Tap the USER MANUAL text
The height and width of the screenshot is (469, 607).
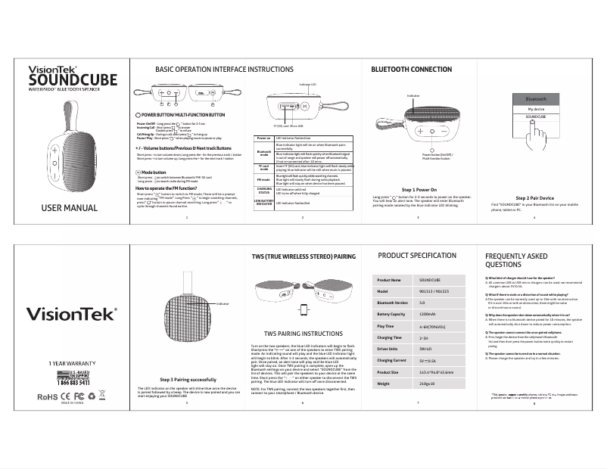[x=69, y=208]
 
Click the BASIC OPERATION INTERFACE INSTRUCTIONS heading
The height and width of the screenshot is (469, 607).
[x=213, y=69]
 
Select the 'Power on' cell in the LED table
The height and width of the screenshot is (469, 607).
[x=264, y=138]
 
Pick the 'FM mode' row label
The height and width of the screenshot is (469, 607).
[x=264, y=179]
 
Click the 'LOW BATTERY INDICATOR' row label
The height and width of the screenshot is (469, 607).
[x=264, y=203]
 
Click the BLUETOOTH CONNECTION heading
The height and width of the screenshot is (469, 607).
[x=411, y=69]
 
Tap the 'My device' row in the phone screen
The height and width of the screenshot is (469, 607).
[x=536, y=109]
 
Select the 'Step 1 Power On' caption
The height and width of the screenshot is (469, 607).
[x=418, y=188]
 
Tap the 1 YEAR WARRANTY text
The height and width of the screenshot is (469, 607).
[x=73, y=363]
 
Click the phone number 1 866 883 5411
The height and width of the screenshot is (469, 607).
[x=73, y=384]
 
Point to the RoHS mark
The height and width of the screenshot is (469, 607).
[x=48, y=396]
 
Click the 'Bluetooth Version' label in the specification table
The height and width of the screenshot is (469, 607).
[x=393, y=302]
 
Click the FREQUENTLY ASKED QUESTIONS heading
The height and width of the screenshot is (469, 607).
[x=516, y=261]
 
